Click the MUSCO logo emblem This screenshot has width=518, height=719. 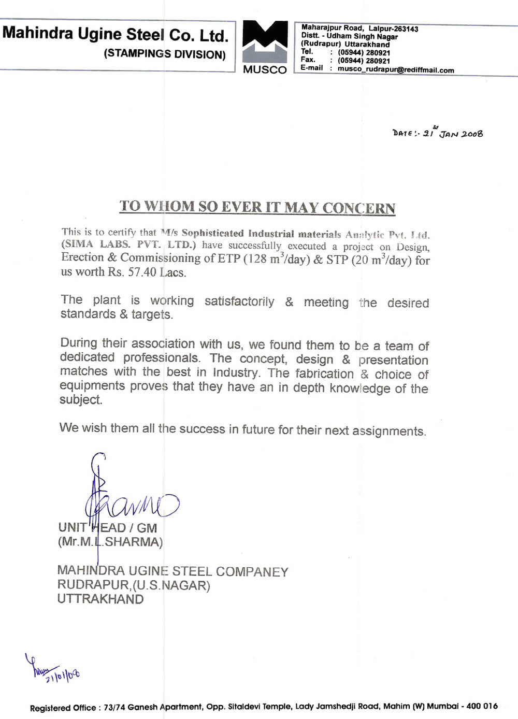tap(265, 41)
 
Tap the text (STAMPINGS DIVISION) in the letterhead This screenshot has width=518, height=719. tap(165, 54)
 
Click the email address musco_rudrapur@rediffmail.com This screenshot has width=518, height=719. tap(396, 70)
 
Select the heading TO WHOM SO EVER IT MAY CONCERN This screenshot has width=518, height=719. tap(257, 207)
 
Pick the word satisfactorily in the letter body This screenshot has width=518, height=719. tap(239, 301)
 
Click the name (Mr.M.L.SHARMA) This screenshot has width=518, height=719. tap(110, 542)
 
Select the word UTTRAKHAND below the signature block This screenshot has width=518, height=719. tap(100, 599)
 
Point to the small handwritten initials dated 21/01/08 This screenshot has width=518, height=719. tap(52, 669)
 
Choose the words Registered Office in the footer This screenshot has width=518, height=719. tap(63, 708)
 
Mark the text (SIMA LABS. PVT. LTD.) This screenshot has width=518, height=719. tap(128, 245)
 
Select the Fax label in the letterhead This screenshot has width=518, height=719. tap(308, 60)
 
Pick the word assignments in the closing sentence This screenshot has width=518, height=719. tap(389, 431)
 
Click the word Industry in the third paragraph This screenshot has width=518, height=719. tap(235, 372)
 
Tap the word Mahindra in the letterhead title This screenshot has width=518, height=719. tap(38, 33)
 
